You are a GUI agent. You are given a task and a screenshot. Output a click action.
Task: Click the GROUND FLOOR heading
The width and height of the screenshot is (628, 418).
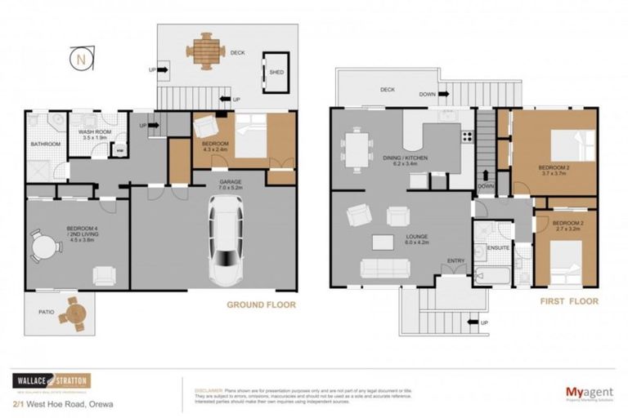[261, 305]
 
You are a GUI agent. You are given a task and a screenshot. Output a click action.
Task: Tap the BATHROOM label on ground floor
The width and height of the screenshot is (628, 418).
[46, 145]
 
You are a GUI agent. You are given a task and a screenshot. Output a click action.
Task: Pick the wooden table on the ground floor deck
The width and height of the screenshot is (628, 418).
[204, 51]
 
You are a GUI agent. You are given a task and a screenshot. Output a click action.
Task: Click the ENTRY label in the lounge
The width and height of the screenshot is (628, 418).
[455, 260]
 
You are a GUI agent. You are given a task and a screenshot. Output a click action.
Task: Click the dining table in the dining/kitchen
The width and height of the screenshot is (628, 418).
[357, 150]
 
